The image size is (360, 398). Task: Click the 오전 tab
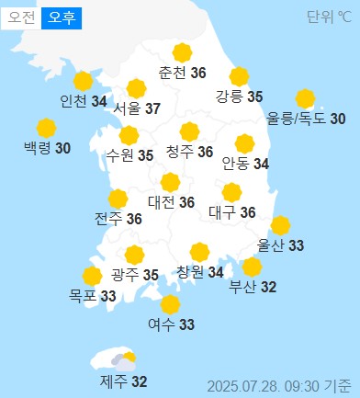point(20,17)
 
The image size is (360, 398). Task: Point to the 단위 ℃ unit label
point(329,17)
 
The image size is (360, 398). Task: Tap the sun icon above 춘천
point(182,52)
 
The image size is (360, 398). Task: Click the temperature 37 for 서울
point(152,109)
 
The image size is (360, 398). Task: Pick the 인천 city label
point(73,101)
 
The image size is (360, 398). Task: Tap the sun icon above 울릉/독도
point(305,98)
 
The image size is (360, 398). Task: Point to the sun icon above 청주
point(190,131)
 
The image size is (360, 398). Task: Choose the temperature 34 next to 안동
point(262,165)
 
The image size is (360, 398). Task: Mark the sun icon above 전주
point(118,199)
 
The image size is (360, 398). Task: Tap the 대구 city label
point(221,212)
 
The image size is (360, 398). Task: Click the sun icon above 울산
point(281,225)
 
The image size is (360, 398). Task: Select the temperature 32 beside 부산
point(268,288)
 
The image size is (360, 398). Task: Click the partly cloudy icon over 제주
point(122,361)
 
